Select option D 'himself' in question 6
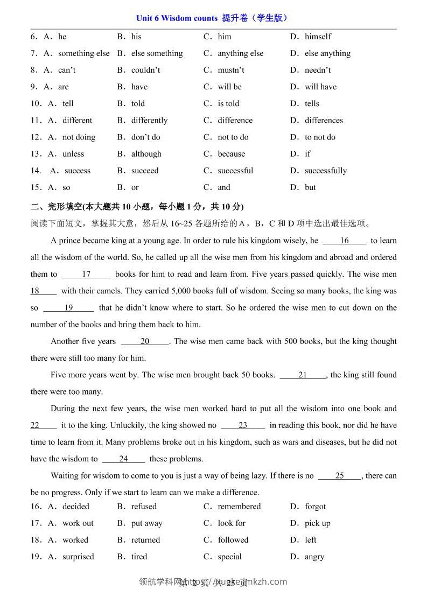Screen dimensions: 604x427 318,37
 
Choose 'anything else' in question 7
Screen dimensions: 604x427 240,53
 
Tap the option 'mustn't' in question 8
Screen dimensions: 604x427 231,70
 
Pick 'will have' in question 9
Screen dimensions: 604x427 320,87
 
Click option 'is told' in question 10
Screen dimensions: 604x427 228,103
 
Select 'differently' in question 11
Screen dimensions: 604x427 149,120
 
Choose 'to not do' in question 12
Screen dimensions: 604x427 320,137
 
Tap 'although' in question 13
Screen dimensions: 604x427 146,154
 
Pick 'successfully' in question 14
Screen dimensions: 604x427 326,171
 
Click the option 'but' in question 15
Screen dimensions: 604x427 310,187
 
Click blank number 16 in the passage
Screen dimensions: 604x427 345,241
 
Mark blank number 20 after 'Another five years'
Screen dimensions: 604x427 145,341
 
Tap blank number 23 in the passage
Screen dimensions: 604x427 243,425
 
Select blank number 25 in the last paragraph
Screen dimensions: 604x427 339,475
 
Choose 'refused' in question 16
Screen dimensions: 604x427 144,507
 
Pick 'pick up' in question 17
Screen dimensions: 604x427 318,523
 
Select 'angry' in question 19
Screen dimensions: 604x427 314,557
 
